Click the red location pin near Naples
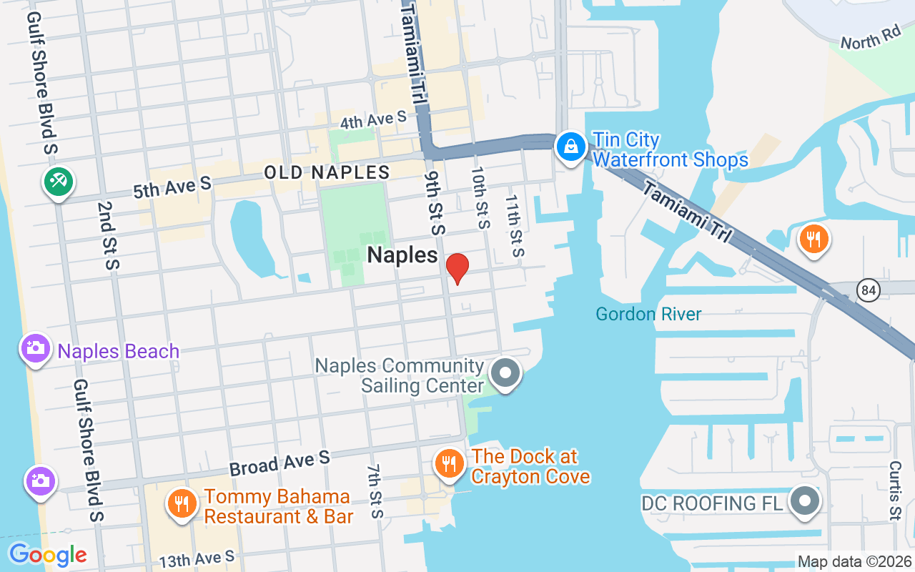coord(457,268)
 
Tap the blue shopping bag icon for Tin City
coord(571,147)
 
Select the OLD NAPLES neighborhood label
coord(327,172)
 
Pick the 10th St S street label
coord(480,198)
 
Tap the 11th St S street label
coord(515,226)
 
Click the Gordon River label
coord(648,314)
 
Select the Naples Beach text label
coord(119,352)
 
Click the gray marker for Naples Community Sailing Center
coord(506,373)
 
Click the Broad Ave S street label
coord(280,463)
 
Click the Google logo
coord(48,555)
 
